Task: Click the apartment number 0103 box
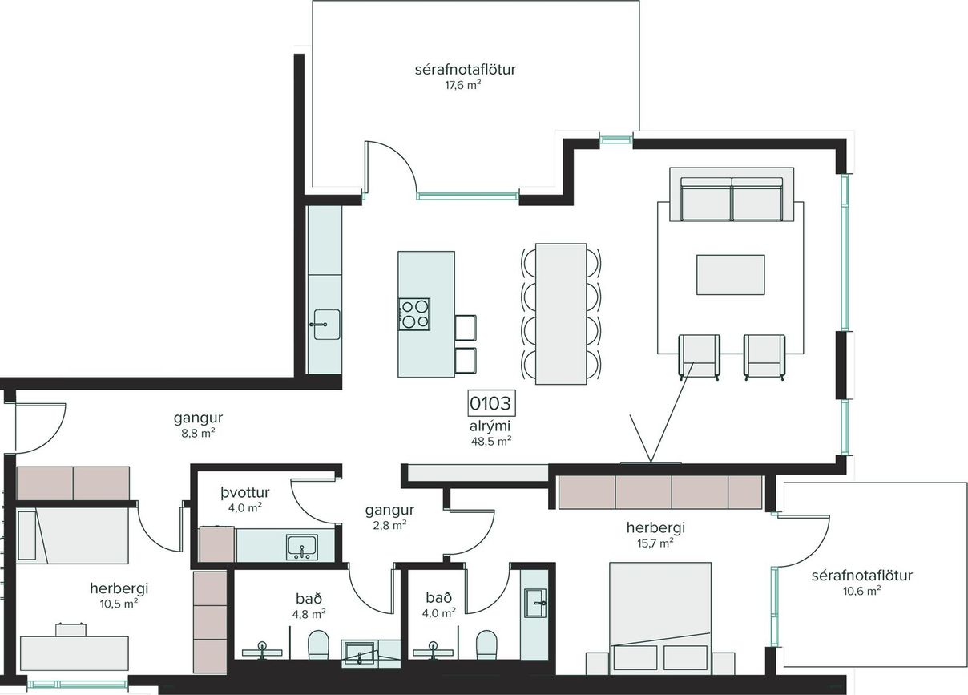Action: pyautogui.click(x=492, y=403)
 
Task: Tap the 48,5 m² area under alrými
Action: pyautogui.click(x=491, y=442)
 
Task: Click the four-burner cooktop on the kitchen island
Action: pyautogui.click(x=414, y=314)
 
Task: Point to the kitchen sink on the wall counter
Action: pyautogui.click(x=325, y=324)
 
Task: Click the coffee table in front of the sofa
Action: pyautogui.click(x=730, y=275)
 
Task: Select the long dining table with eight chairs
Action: pyautogui.click(x=561, y=313)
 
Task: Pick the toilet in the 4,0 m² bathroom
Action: pyautogui.click(x=486, y=644)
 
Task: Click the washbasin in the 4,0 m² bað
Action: pyautogui.click(x=535, y=603)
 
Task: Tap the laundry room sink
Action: pyautogui.click(x=302, y=547)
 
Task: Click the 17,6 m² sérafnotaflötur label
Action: pyautogui.click(x=465, y=76)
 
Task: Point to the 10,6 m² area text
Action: pyautogui.click(x=861, y=591)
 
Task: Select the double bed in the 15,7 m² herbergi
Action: pyautogui.click(x=659, y=618)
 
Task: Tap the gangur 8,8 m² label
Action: pyautogui.click(x=198, y=426)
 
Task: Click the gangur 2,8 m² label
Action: pyautogui.click(x=389, y=517)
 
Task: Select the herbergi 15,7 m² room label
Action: pyautogui.click(x=655, y=535)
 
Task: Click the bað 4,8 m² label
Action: pyautogui.click(x=309, y=606)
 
